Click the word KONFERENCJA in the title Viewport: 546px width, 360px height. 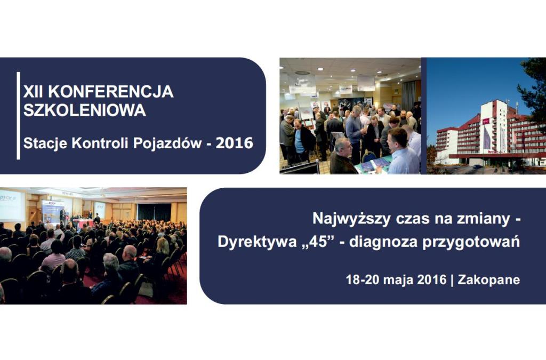(x=111, y=92)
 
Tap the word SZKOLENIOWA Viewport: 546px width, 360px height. (x=85, y=110)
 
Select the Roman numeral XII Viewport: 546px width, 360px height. (x=34, y=92)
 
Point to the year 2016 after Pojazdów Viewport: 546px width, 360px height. (x=235, y=143)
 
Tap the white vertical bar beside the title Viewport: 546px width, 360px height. (x=19, y=116)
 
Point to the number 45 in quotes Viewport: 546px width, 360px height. (x=318, y=242)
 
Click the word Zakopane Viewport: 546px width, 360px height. (x=489, y=280)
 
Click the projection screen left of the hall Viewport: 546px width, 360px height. (x=12, y=205)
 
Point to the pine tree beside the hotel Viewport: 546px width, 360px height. (x=533, y=93)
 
